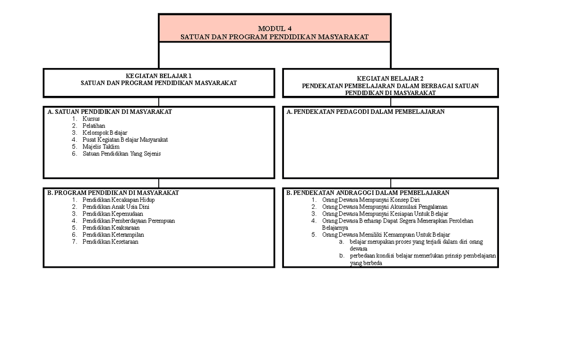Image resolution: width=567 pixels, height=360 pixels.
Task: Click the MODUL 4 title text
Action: tap(274, 28)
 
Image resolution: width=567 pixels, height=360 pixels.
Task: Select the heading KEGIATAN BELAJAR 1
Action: tap(158, 76)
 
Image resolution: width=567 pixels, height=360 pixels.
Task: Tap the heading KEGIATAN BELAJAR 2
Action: tap(390, 78)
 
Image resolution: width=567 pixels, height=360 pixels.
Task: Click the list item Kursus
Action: tap(91, 119)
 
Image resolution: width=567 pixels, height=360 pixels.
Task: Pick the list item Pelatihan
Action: tap(94, 126)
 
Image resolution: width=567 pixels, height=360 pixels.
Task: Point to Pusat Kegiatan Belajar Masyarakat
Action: tap(125, 140)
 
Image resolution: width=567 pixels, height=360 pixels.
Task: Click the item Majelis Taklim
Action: tap(101, 147)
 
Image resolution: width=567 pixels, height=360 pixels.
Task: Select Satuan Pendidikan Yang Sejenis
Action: tap(121, 154)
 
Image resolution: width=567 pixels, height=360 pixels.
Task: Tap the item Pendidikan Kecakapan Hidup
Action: tap(118, 200)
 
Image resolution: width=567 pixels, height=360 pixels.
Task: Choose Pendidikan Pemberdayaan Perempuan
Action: tap(129, 221)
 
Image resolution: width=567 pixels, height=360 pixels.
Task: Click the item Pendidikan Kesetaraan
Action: tap(110, 242)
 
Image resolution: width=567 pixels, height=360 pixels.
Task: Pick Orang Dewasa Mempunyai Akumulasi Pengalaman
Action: tap(385, 207)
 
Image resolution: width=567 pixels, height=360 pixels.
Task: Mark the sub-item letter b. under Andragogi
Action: tap(341, 256)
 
